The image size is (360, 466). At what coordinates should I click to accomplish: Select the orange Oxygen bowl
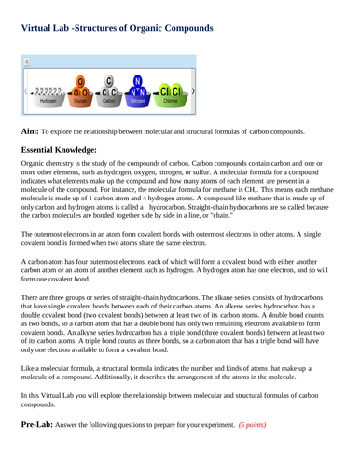tap(81, 94)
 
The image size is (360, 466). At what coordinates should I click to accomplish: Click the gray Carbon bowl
tap(110, 94)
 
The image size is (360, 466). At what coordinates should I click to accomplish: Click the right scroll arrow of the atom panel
tap(192, 92)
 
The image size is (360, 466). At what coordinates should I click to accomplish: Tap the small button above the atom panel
tap(26, 62)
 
